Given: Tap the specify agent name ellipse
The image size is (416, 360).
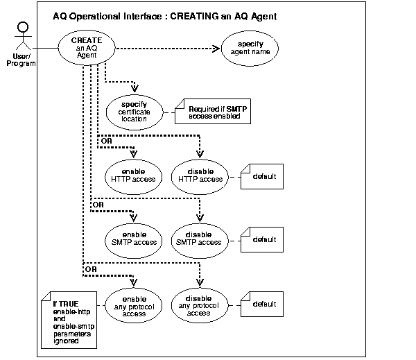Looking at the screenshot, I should click(249, 49).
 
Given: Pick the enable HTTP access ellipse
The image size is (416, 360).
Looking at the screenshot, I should click(133, 175).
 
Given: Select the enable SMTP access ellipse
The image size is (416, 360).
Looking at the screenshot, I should click(133, 239).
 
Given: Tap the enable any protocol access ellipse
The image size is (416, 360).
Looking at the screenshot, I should click(133, 303).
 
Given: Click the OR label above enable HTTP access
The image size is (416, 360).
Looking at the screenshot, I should click(107, 141).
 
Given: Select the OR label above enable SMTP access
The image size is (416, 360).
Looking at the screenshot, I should click(99, 205).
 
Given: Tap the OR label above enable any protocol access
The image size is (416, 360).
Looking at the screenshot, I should click(91, 268).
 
